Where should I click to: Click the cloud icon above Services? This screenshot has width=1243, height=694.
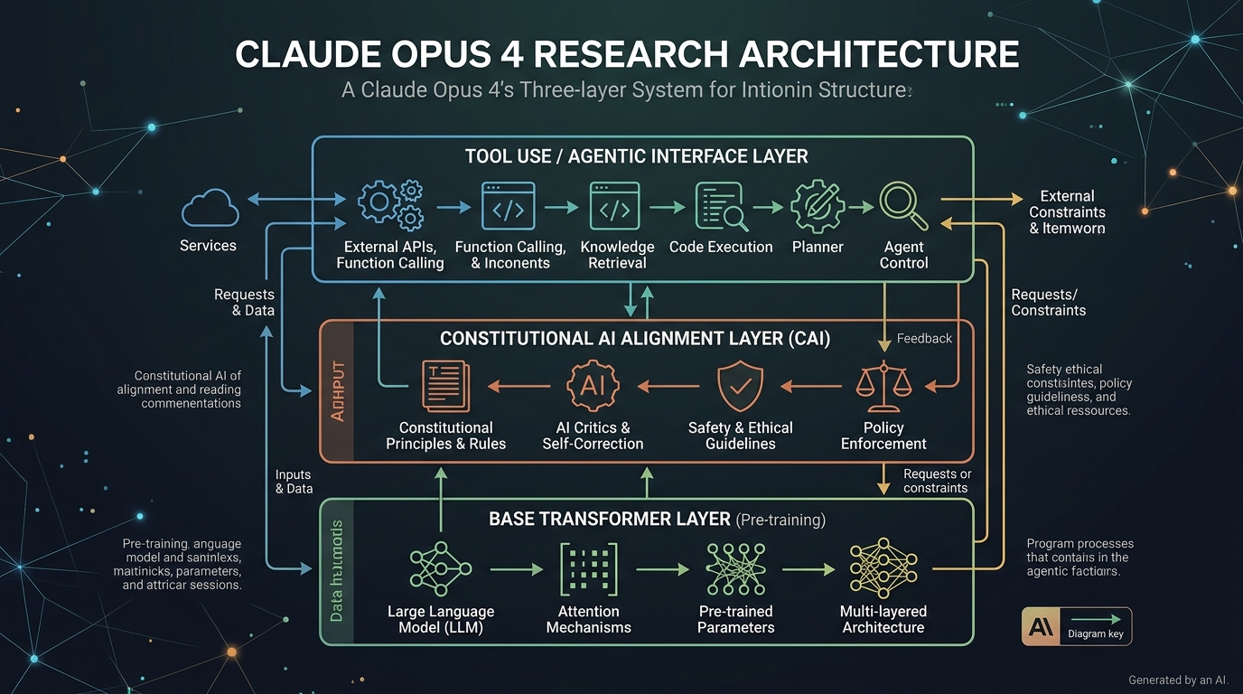coord(210,208)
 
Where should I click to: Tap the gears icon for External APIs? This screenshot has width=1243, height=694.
coord(390,205)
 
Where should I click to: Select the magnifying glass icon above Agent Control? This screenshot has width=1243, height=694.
coord(903,206)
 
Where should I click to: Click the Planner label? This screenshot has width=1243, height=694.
coord(818,247)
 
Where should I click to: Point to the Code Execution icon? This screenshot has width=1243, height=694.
coord(720,206)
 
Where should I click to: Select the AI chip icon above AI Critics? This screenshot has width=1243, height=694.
coord(593,385)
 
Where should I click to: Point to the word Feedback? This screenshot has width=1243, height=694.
coord(924,338)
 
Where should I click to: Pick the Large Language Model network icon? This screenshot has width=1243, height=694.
coord(441,568)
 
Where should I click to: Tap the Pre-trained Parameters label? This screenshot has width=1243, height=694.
coord(735,619)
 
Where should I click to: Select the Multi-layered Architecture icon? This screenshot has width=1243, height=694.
coord(883,568)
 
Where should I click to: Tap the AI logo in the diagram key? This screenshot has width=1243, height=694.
coord(1039,626)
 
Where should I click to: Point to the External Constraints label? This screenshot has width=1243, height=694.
coord(1067,212)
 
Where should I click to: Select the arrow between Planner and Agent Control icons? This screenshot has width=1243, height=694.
coord(860,207)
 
